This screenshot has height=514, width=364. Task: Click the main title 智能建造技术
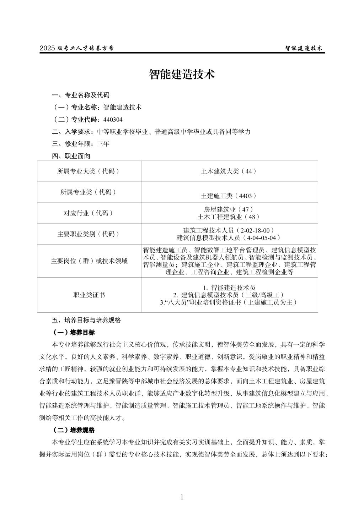tap(182, 75)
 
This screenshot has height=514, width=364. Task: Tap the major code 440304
tap(113, 119)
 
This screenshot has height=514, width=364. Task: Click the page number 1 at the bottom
tap(182, 497)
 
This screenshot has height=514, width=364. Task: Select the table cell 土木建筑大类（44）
tap(229, 171)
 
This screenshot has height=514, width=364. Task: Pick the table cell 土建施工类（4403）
tap(229, 196)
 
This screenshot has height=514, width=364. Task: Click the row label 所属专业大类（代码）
tap(89, 171)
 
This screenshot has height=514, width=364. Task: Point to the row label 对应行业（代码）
tap(89, 213)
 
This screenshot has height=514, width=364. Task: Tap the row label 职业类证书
tap(89, 295)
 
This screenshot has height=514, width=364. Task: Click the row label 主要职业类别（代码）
tap(89, 234)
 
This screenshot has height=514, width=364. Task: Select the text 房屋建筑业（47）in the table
tap(229, 209)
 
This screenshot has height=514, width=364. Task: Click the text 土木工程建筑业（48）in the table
tap(229, 217)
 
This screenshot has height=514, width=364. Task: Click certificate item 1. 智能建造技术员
tap(229, 288)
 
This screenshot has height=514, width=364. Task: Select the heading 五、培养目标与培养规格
tap(86, 320)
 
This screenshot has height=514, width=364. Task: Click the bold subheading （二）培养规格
tap(74, 430)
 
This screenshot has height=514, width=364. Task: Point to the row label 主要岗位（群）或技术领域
tap(89, 261)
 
